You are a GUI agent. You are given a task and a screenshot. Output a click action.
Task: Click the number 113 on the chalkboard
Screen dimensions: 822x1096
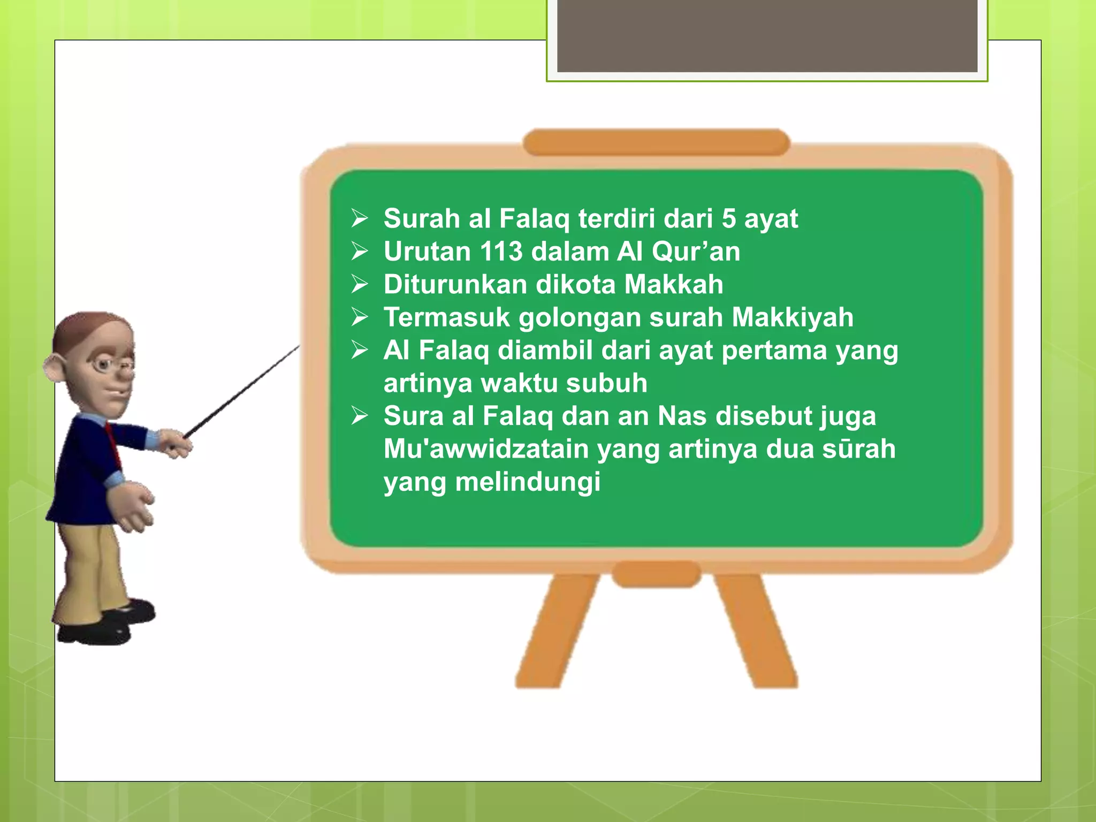(x=501, y=252)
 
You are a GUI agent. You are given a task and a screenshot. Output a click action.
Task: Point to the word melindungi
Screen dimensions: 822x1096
(x=528, y=482)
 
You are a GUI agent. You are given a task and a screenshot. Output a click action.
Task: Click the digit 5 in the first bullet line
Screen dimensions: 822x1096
(x=729, y=219)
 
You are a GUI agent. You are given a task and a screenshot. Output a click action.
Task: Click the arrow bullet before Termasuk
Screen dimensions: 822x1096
(x=360, y=317)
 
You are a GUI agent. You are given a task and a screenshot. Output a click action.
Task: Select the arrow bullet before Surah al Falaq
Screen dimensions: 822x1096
(x=360, y=218)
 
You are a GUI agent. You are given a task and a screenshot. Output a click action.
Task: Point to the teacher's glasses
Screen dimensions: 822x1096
(x=112, y=366)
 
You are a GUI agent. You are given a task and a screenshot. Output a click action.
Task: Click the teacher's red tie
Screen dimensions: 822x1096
(x=113, y=442)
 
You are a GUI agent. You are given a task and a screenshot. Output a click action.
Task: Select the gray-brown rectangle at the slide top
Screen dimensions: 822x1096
(x=767, y=35)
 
